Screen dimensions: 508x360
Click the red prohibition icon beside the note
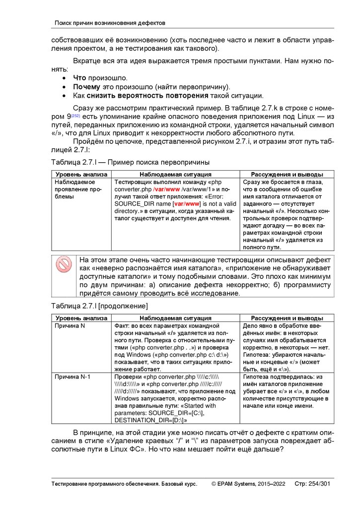[64, 264]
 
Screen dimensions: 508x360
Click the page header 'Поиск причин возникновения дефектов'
[109, 23]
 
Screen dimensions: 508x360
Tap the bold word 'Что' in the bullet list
[79, 78]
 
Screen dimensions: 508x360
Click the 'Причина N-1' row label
[72, 377]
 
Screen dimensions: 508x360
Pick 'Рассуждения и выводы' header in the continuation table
[287, 318]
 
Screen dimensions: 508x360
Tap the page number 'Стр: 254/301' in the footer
[312, 484]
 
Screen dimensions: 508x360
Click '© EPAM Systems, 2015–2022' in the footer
[248, 484]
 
